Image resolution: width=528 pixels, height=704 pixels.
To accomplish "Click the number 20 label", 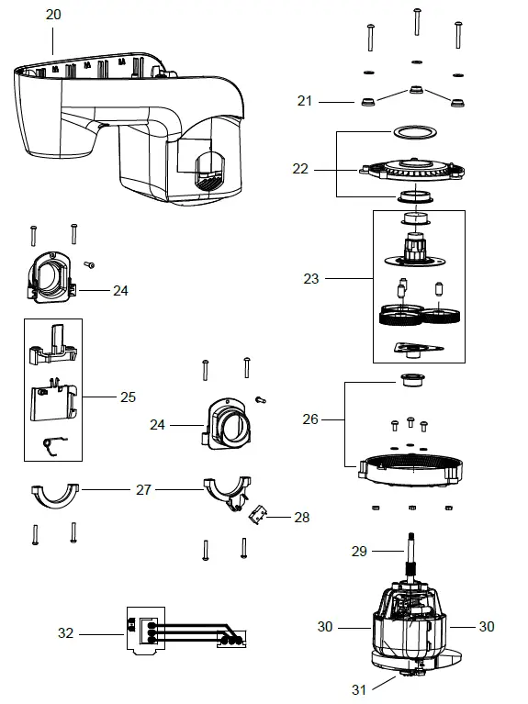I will click(x=53, y=16).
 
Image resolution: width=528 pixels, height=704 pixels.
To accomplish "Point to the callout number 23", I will click(x=311, y=278).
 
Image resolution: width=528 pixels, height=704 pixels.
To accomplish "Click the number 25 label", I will click(x=127, y=397).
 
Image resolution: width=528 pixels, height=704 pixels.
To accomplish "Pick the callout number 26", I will click(x=311, y=419).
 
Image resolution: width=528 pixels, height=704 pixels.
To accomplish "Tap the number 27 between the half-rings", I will click(x=143, y=490).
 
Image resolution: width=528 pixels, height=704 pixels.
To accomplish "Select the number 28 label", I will click(x=300, y=518).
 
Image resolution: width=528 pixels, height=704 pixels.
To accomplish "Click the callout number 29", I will click(x=360, y=551).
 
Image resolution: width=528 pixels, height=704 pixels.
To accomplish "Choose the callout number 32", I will click(x=65, y=632).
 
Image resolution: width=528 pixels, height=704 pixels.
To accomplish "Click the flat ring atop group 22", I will click(x=411, y=131).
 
